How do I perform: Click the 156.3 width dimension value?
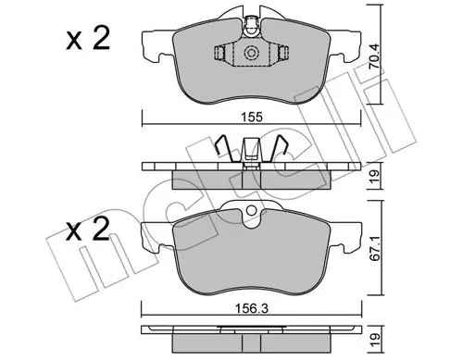pyautogui.click(x=252, y=308)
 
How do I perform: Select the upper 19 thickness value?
pyautogui.click(x=374, y=177)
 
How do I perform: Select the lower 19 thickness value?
pyautogui.click(x=374, y=340)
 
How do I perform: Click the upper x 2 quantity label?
pyautogui.click(x=88, y=39)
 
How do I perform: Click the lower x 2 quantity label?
pyautogui.click(x=88, y=230)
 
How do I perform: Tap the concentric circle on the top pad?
pyautogui.click(x=250, y=53)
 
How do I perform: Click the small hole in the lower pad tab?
pyautogui.click(x=252, y=211)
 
